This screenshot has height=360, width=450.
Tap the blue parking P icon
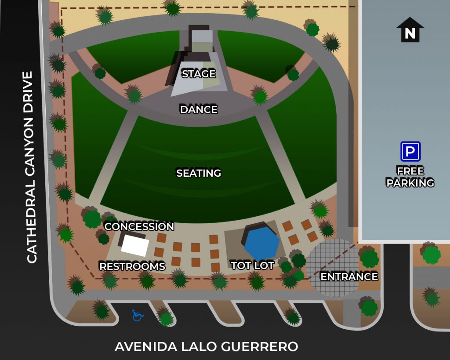point(410,152)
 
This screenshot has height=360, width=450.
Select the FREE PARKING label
point(410,177)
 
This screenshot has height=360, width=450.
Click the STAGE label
point(199,73)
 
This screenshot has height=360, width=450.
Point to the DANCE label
point(199,109)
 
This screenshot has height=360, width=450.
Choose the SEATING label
point(199,173)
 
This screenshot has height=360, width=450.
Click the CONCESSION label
point(139,226)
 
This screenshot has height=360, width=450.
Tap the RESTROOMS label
point(132,266)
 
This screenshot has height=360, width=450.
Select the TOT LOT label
point(253,265)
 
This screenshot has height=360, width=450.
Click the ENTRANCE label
point(349,276)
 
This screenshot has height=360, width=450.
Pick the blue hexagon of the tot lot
point(262,243)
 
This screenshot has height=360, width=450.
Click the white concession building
point(134,245)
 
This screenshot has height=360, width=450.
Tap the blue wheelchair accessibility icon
point(138,315)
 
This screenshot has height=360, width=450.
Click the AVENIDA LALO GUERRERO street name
point(207,346)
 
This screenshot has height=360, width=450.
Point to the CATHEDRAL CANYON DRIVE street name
point(30,167)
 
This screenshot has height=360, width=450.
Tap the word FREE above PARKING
point(410,171)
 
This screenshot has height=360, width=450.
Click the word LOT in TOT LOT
point(264,265)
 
